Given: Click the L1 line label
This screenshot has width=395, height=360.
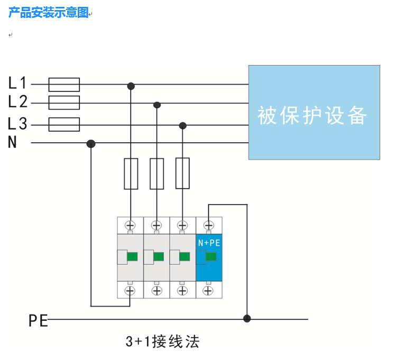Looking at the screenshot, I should pos(17,82).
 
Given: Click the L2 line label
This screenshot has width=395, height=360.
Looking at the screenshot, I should pos(17,101).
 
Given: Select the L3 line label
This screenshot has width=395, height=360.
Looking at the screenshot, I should pos(17,124).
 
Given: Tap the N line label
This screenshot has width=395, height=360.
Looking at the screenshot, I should pos(12,143).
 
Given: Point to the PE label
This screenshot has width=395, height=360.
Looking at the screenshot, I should pos(38,320).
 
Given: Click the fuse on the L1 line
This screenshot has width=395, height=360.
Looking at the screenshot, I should pos(64,85).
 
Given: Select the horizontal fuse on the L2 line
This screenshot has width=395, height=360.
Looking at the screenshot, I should pos(64,102).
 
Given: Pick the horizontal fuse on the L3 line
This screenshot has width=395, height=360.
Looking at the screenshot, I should pos(64,124).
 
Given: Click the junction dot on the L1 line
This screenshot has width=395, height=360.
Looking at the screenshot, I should pos(131,86).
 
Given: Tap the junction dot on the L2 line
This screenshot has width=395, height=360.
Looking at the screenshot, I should pos(157,105).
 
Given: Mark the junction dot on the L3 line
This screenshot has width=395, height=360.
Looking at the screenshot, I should pos(183,125).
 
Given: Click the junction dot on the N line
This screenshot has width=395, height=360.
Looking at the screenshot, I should pos(91,143).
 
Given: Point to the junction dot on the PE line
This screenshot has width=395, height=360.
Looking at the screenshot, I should pos(247,318).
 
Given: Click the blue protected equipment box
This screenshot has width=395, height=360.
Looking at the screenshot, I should pos(314,112).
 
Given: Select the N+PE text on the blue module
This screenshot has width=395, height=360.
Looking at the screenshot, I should pos(209,243).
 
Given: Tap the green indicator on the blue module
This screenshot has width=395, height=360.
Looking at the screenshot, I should pos(212,257).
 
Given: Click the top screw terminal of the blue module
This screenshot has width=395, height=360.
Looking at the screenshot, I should pos(209,225).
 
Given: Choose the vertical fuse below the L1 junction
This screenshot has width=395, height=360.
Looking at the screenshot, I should pos(131,173).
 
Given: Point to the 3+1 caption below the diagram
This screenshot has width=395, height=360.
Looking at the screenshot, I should pos(162,341).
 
